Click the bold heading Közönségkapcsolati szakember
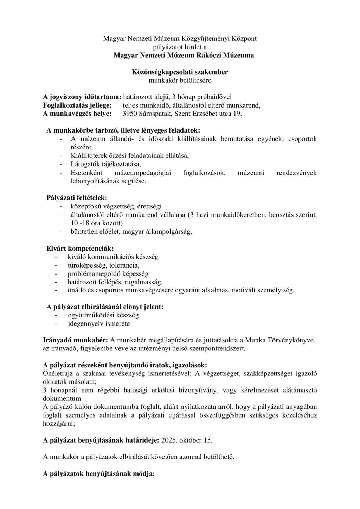180,72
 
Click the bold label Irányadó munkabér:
75,340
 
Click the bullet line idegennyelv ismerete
99,323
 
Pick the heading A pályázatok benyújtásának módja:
99,473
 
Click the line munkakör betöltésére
180,80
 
